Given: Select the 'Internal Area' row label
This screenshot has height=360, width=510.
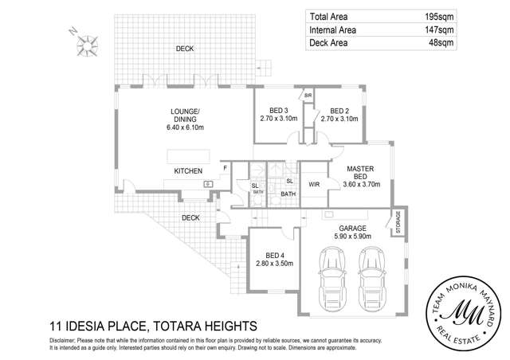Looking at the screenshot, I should (332, 30).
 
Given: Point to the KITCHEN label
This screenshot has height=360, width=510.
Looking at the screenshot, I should (188, 171).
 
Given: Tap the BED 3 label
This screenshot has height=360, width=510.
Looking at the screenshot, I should (279, 111).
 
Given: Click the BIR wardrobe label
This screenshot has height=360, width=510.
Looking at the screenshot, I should (308, 96).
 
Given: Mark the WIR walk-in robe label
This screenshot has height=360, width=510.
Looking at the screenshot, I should (314, 184).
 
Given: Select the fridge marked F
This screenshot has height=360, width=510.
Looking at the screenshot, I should (226, 168).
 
